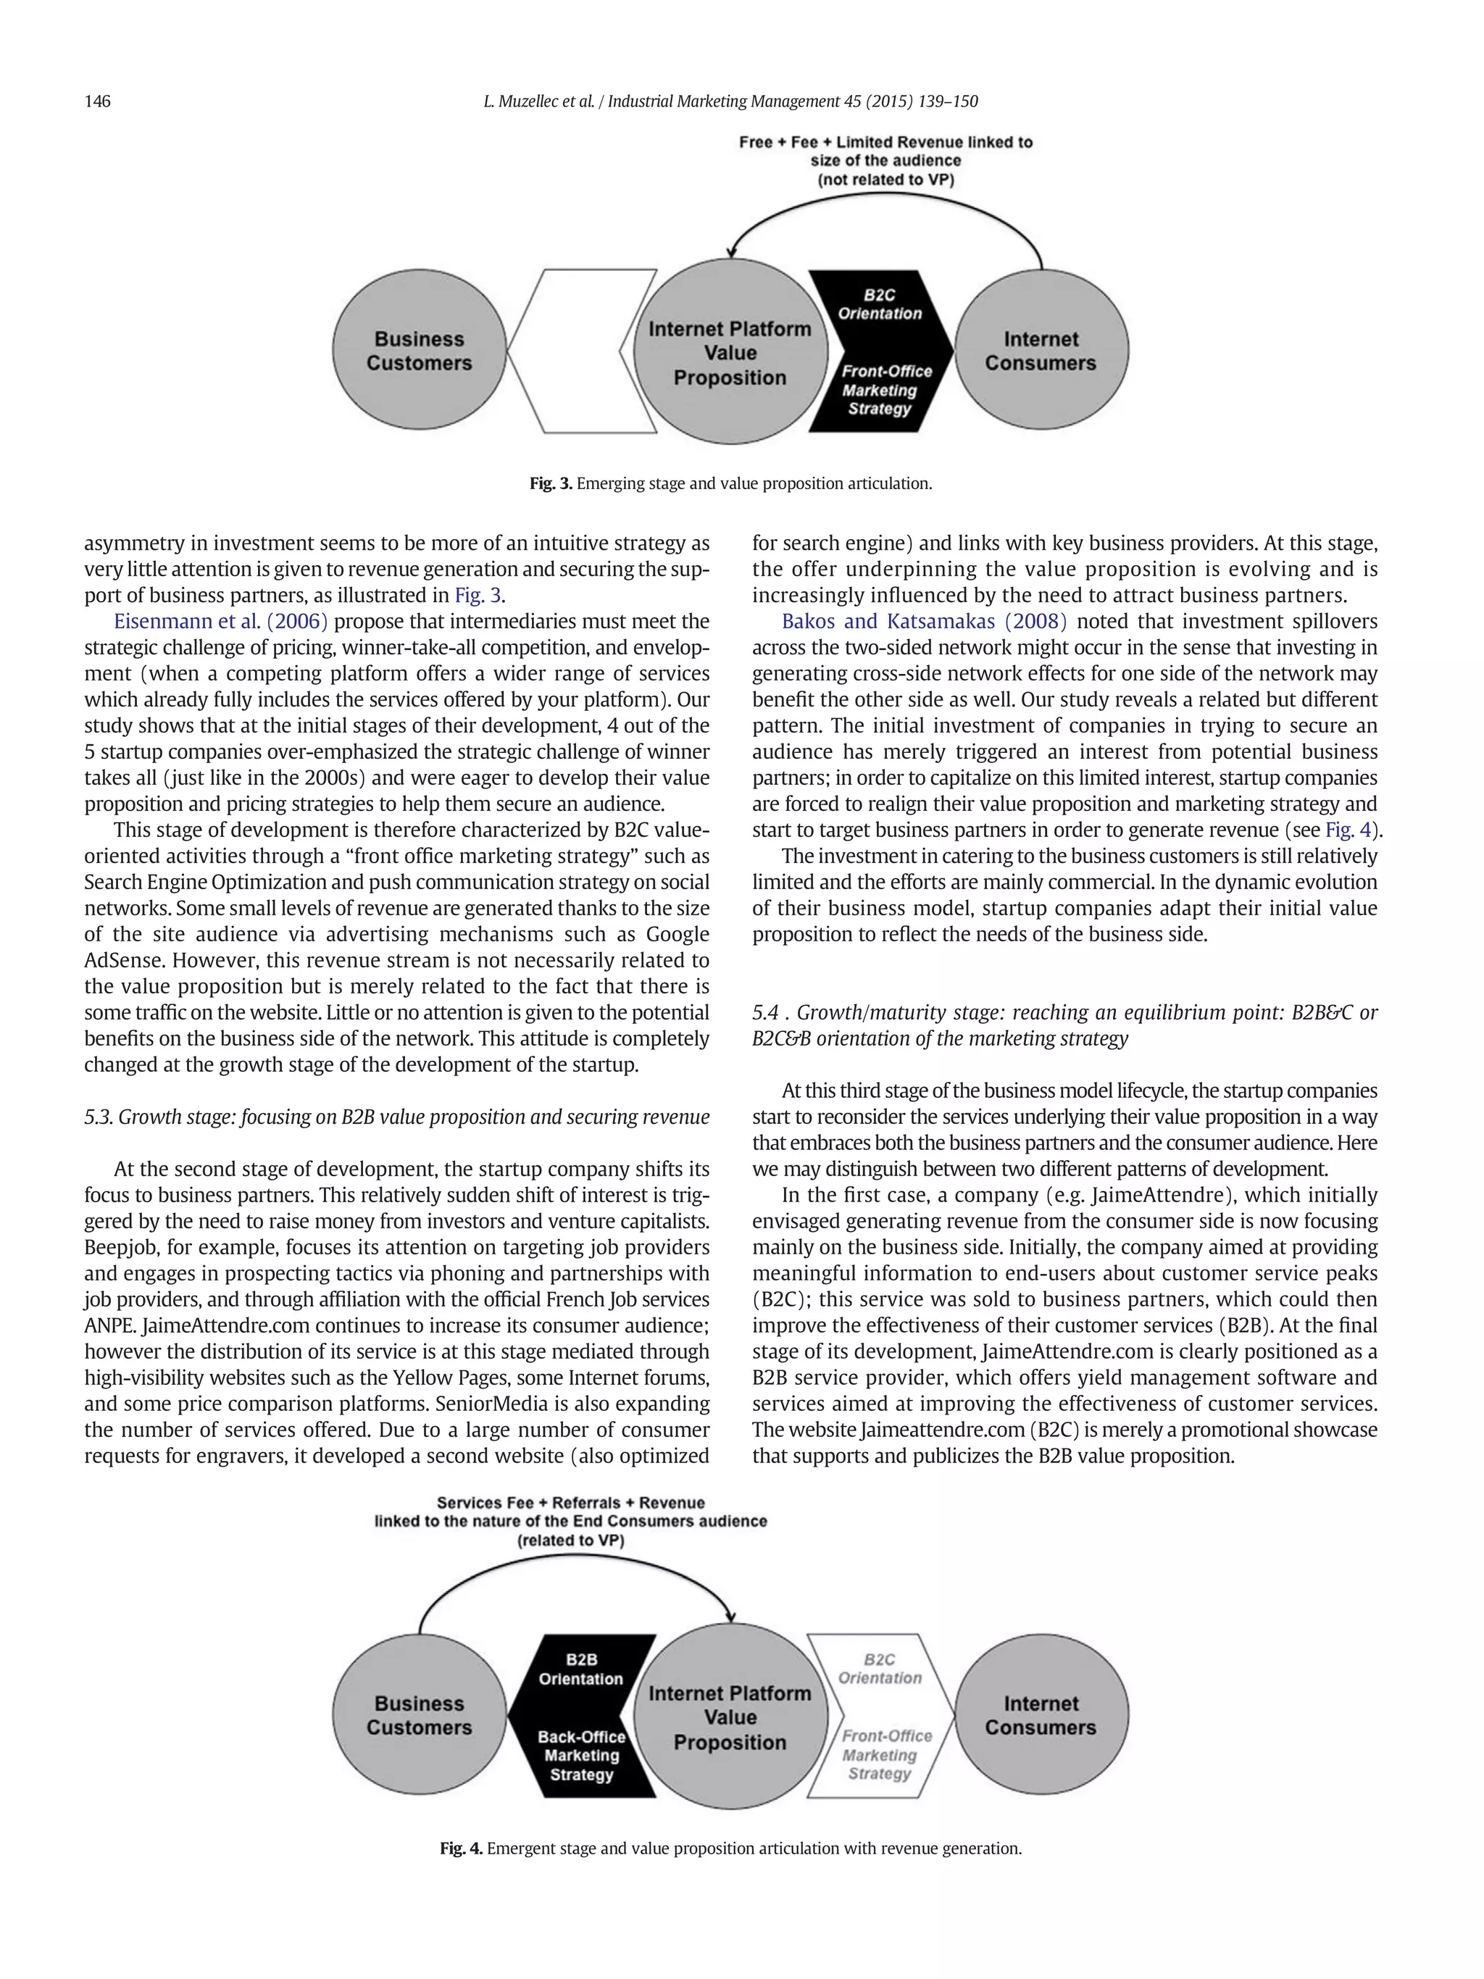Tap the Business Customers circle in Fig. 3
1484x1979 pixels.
[x=419, y=351]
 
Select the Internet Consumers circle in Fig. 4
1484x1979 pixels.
[x=1041, y=1715]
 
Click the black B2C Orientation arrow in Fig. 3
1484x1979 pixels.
[x=880, y=351]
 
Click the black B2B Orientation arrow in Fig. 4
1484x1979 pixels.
[x=581, y=1715]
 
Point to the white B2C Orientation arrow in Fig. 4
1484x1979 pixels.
[x=880, y=1715]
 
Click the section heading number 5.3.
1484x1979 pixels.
[x=99, y=1117]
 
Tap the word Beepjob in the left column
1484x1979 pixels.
[x=116, y=1248]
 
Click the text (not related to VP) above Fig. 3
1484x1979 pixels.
[x=885, y=180]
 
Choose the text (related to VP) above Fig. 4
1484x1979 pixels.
[x=571, y=1541]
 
